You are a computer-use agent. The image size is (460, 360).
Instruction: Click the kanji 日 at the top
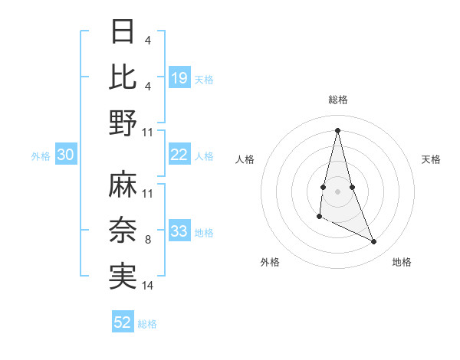(123, 32)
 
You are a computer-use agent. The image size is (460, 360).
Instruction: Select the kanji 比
(123, 77)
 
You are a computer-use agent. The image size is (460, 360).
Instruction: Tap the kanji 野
(123, 123)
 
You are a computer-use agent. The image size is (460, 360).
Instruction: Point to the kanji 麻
(123, 185)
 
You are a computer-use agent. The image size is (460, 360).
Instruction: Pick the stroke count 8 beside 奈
(148, 240)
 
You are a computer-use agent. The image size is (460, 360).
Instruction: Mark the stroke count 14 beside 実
(148, 286)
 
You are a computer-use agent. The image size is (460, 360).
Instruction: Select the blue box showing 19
(179, 77)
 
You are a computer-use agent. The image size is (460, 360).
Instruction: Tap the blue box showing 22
(179, 155)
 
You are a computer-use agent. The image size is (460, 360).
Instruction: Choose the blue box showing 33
(179, 231)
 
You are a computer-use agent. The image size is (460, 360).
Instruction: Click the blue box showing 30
(65, 155)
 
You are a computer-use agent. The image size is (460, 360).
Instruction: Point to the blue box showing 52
(123, 322)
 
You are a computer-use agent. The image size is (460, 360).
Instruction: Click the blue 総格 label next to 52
(148, 324)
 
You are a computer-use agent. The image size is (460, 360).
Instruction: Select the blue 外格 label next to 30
(41, 156)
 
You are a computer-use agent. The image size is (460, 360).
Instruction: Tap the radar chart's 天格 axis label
(432, 159)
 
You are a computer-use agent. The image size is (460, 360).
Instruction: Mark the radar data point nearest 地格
(374, 242)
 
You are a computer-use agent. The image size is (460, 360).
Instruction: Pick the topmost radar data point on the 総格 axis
(338, 130)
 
